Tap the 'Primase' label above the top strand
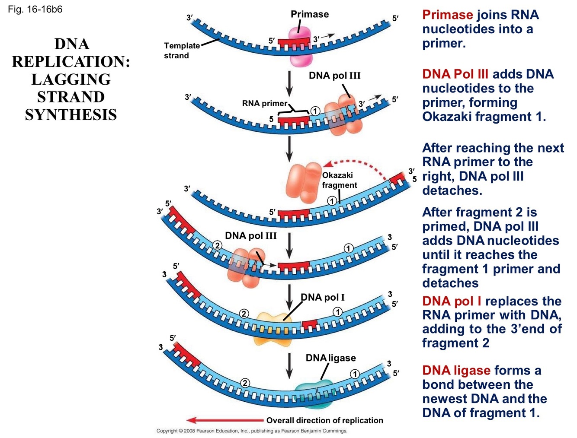pos(309,14)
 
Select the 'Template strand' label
pos(182,51)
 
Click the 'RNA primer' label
pos(264,104)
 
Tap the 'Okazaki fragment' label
pos(339,180)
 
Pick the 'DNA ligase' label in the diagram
pos(330,358)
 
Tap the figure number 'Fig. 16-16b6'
pos(35,9)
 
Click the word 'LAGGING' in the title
pos(71,79)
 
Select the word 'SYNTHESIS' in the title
pos(71,115)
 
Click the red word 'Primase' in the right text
pos(447,15)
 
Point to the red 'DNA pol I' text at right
pos(452,301)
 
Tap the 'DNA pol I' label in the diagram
pos(323,297)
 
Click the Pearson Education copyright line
pos(251,431)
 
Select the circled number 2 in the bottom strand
pos(245,383)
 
